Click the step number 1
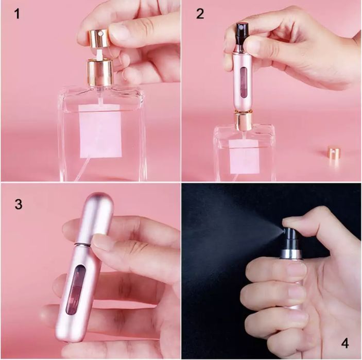click(x=18, y=13)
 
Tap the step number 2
click(x=200, y=13)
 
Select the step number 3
click(x=19, y=204)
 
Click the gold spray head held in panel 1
click(x=98, y=38)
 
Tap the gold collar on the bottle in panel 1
click(x=99, y=73)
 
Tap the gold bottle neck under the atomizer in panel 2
click(x=243, y=121)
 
